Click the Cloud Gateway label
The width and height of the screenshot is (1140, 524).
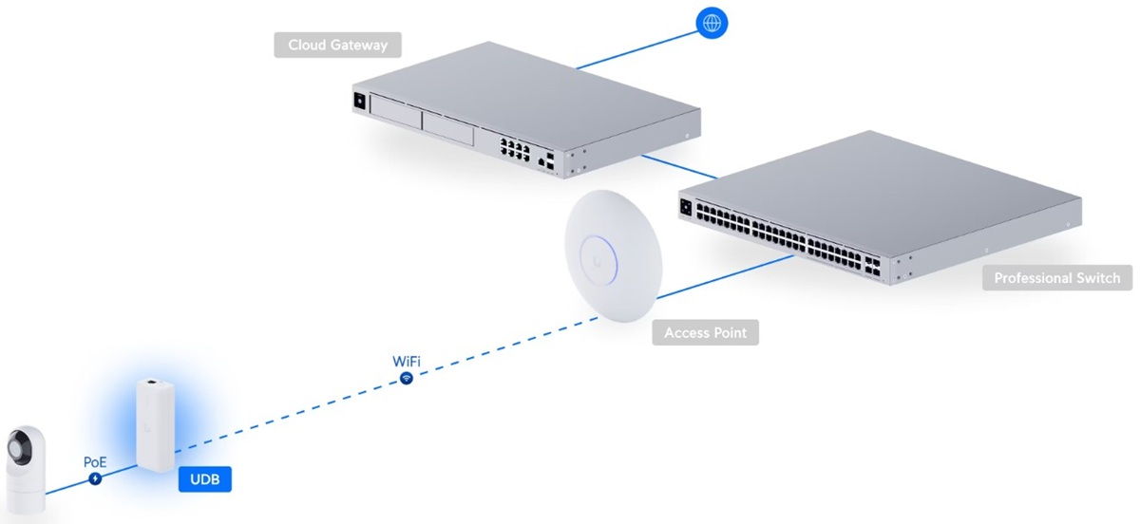coord(337,45)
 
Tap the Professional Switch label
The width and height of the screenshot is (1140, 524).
coord(1057,278)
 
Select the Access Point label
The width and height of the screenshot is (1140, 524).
coord(705,332)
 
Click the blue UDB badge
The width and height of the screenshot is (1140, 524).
coord(204,479)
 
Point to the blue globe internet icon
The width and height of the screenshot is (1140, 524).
coord(712,23)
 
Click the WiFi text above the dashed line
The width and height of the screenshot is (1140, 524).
coord(407,362)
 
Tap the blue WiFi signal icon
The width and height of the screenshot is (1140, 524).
coord(407,378)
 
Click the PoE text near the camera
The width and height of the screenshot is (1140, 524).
coord(95,462)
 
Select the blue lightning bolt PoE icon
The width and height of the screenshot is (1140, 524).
coord(95,478)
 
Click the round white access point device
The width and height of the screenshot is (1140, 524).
coord(614,256)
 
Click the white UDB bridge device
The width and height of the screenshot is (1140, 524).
coord(155,425)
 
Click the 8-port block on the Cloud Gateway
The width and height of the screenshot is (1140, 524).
coord(515,148)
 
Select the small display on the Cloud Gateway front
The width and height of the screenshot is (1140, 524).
coord(359,102)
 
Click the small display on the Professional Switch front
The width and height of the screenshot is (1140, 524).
coord(686,207)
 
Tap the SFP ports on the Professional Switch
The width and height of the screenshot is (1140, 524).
coord(872,266)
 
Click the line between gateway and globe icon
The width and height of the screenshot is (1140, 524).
coord(636,50)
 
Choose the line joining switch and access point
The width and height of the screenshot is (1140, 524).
coord(725,277)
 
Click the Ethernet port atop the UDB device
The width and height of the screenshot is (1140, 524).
coord(152,382)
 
